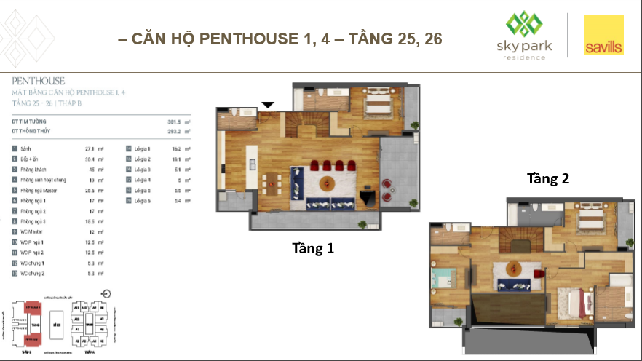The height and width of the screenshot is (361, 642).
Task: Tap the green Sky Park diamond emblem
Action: point(520,25)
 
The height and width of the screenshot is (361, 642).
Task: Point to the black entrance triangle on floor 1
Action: point(268,105)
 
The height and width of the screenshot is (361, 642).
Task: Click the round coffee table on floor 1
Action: point(327,181)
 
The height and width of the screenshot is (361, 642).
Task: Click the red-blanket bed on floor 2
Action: point(571,300)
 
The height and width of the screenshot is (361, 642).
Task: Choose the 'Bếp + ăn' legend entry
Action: point(32,157)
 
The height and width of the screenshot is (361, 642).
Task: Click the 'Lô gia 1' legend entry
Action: point(142,148)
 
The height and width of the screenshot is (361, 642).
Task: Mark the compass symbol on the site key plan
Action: point(107,294)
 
